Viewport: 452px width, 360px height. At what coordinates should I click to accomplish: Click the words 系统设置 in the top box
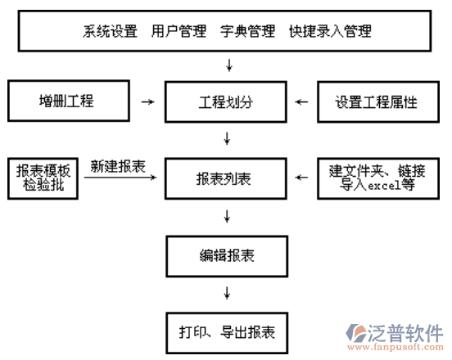[x=110, y=31]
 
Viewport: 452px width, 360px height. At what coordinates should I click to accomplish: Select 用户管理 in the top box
[x=179, y=31]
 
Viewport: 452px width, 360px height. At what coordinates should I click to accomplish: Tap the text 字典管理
[x=247, y=31]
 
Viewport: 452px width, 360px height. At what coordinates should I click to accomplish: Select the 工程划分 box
[x=226, y=102]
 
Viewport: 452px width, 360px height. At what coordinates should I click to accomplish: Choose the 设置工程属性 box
[x=376, y=102]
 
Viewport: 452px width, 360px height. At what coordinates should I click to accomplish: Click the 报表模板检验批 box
[x=43, y=178]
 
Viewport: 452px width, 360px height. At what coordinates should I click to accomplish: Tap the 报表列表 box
[x=226, y=178]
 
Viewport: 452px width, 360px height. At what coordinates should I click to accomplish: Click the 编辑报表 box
[x=226, y=255]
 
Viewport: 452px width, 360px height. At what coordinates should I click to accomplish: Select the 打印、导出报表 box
[x=226, y=332]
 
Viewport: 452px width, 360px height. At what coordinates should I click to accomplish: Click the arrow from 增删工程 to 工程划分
[x=147, y=102]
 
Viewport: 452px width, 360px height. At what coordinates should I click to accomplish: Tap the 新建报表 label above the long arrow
[x=119, y=165]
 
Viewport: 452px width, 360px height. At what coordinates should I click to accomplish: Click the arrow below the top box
[x=228, y=64]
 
